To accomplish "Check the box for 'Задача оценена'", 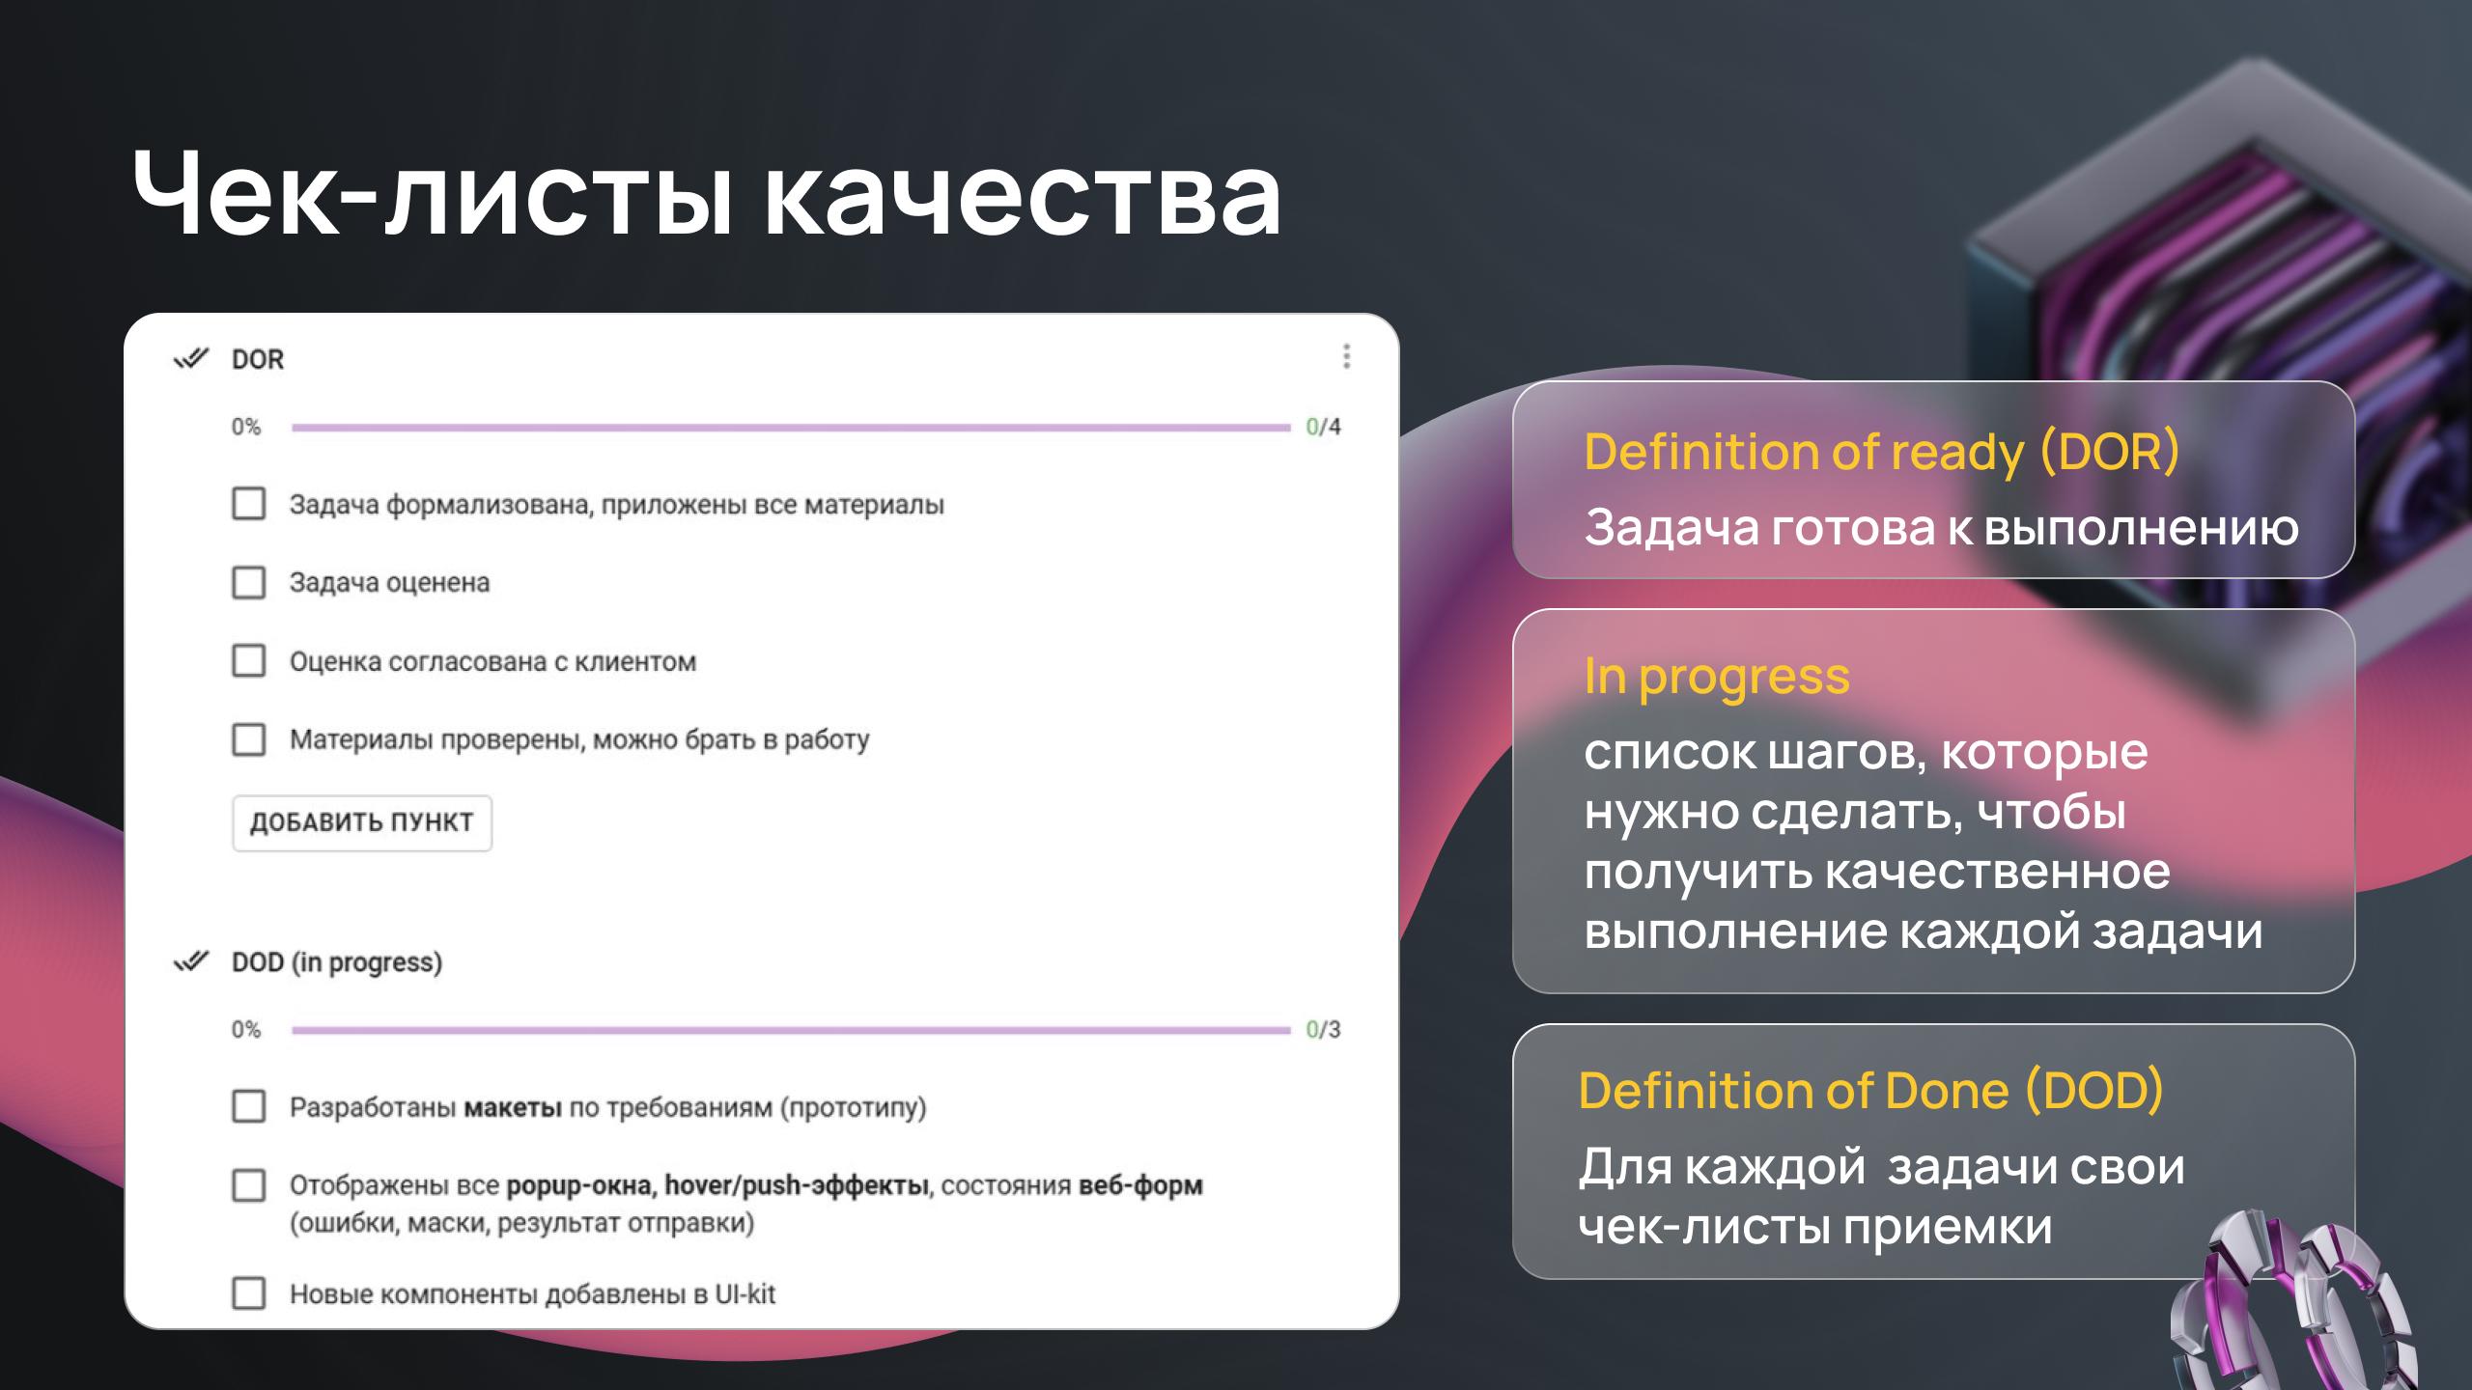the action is [x=249, y=583].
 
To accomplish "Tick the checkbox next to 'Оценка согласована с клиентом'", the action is [x=249, y=661].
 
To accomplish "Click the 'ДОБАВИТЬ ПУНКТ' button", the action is [x=362, y=822].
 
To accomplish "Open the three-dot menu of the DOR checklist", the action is [x=1346, y=357].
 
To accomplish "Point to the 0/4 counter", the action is [x=1323, y=427].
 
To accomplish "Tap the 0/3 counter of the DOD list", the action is [x=1323, y=1029].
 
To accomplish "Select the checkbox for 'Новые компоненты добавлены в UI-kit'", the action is [x=249, y=1293].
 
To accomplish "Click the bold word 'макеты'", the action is [x=513, y=1107].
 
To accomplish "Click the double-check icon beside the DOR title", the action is [x=191, y=359].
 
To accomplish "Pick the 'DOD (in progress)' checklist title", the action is [x=337, y=962].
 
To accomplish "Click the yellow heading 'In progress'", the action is [x=1717, y=676].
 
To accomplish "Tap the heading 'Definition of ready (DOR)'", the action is [x=1882, y=451].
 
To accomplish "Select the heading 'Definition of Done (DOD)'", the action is [x=1871, y=1091].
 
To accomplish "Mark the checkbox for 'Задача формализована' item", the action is [x=249, y=504].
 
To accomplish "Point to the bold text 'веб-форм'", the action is [x=1140, y=1185].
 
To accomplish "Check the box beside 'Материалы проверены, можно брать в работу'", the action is [x=249, y=739].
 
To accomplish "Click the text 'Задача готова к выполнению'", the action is [x=1941, y=528].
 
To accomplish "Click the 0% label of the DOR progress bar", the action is [x=246, y=427].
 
